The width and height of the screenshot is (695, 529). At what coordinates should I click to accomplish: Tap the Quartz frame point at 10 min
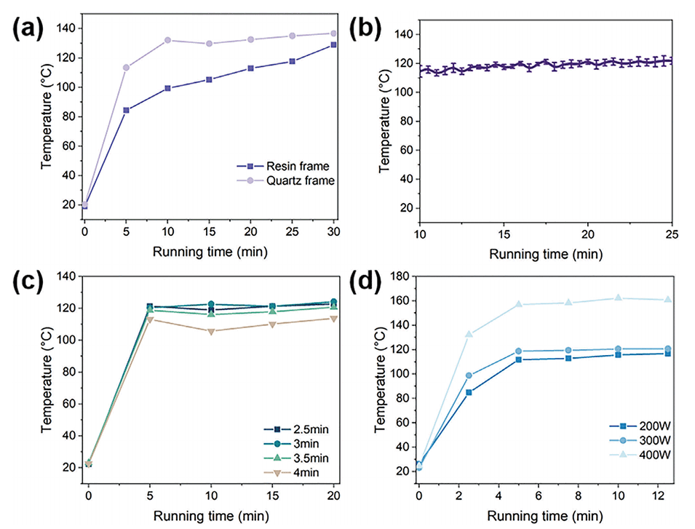point(167,40)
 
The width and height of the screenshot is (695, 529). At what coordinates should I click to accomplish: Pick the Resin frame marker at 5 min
point(126,111)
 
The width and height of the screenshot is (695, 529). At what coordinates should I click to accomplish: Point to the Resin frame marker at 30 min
point(334,45)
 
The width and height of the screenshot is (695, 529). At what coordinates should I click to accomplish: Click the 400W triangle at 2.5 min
point(469,335)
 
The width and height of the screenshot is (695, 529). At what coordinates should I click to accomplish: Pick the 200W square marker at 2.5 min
point(469,392)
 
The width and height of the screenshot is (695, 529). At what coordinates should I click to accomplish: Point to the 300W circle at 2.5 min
point(469,375)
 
